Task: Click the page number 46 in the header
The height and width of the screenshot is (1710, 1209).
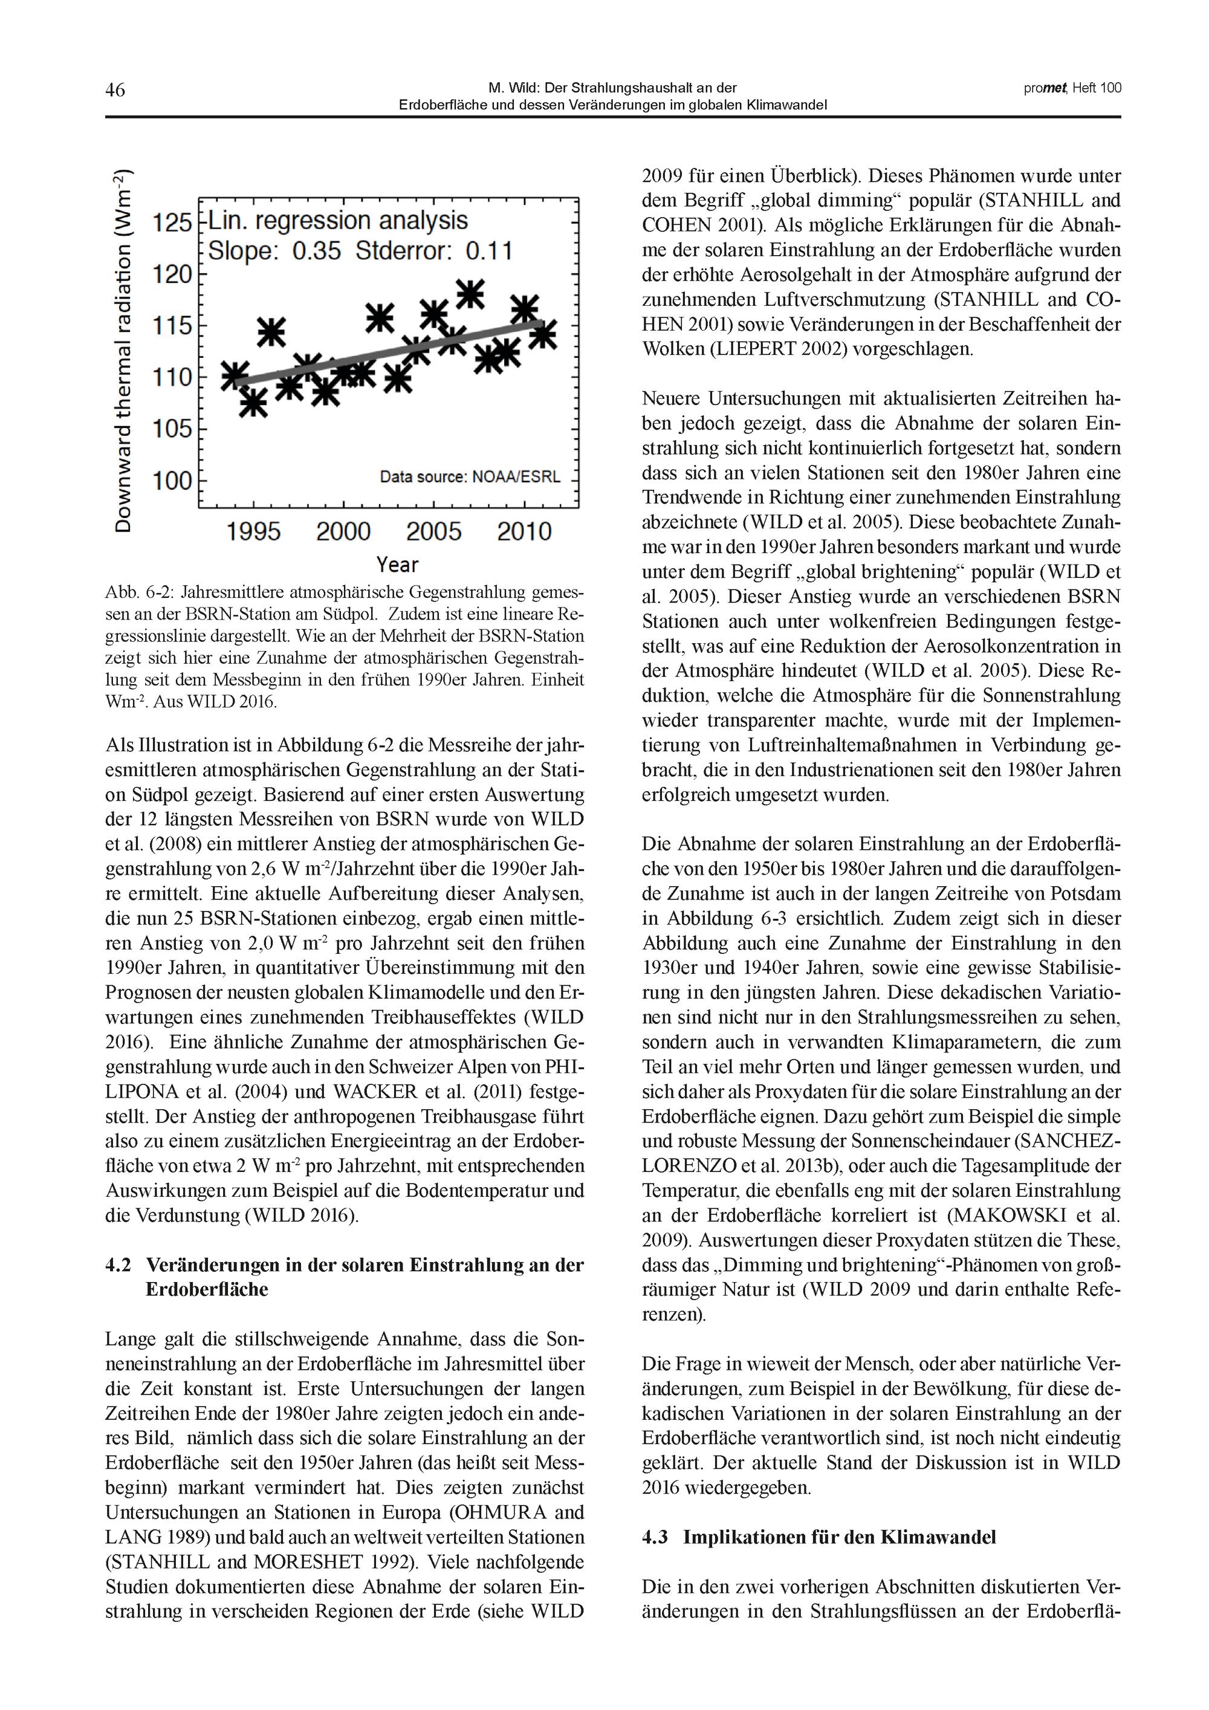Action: point(115,90)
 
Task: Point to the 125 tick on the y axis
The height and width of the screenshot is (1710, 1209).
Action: point(172,222)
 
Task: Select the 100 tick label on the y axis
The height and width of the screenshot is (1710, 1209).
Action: point(172,481)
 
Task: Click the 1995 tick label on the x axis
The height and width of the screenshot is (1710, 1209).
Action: point(253,531)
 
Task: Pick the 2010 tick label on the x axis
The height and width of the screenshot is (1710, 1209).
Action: point(525,531)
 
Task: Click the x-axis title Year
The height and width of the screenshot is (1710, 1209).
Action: point(397,564)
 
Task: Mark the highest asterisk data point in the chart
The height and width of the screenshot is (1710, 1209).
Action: point(470,293)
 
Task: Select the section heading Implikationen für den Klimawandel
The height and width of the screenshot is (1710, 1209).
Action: point(839,1537)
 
